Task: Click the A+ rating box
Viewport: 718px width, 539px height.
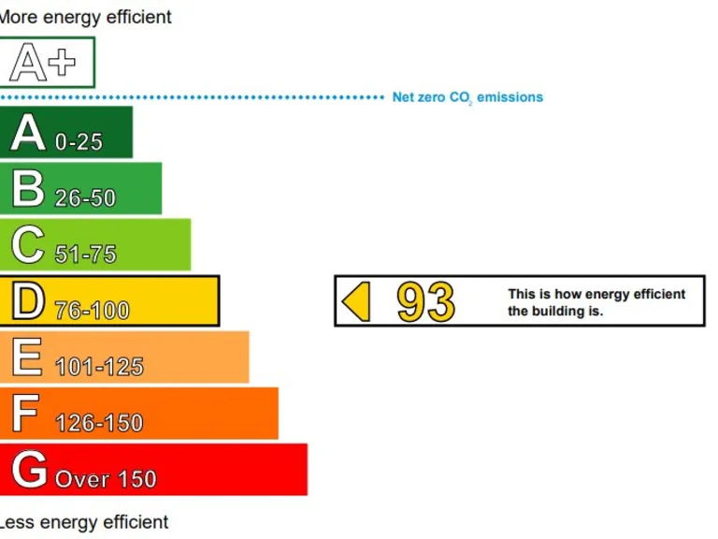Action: [x=46, y=63]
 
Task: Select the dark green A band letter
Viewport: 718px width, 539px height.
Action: [x=28, y=132]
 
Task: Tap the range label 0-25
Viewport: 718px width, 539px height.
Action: [x=79, y=142]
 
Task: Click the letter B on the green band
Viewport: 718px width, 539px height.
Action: [x=28, y=188]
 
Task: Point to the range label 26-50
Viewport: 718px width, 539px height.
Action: [x=85, y=198]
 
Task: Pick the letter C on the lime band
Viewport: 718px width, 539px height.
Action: [x=28, y=245]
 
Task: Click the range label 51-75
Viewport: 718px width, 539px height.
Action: [x=85, y=255]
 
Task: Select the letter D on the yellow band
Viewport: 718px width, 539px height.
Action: [x=28, y=301]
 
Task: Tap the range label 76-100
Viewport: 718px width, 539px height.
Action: [x=92, y=311]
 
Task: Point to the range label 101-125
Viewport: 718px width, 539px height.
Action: [x=99, y=367]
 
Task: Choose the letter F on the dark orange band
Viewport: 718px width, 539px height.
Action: [x=25, y=414]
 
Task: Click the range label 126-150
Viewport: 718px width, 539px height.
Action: [x=99, y=423]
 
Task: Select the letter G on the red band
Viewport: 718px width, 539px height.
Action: [x=29, y=470]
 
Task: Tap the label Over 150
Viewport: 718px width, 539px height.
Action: [x=106, y=480]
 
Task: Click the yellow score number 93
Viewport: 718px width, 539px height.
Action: [x=425, y=301]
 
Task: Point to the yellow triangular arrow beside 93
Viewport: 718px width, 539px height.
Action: [x=357, y=301]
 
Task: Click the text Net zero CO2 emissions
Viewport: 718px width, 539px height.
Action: [x=467, y=97]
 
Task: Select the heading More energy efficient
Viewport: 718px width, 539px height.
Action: [x=85, y=17]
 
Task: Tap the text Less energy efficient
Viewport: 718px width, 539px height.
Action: [x=84, y=522]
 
